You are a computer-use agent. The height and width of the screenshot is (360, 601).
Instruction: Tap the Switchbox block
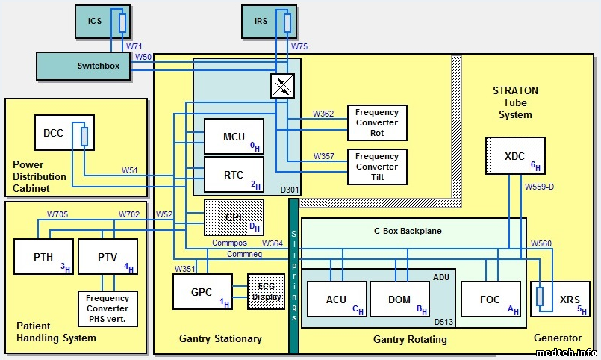pos(84,66)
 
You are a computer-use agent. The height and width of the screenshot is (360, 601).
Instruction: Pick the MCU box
pos(234,137)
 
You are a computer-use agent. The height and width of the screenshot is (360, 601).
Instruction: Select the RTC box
pos(234,176)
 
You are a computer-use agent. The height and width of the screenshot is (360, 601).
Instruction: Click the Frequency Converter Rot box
pos(377,122)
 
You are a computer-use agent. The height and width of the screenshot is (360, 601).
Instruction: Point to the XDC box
pos(515,155)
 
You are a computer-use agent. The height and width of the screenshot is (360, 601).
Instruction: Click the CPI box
pos(234,217)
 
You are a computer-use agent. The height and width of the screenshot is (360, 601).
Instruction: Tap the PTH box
pos(43,258)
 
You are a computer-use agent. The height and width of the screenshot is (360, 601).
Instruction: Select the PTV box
pos(108,258)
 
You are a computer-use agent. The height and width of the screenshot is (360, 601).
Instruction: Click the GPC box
pos(202,292)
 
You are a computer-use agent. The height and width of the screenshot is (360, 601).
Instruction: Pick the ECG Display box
pos(267,292)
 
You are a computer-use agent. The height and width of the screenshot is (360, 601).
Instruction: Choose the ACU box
pos(337,300)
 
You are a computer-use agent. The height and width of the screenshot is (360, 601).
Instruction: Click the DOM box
pos(400,300)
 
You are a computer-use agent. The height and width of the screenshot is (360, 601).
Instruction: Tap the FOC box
pos(491,300)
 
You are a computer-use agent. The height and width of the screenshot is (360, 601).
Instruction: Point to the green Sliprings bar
pos(293,276)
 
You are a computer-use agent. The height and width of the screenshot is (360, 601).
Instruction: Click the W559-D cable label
pos(539,187)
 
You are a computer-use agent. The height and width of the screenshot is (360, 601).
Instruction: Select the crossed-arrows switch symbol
pos(281,87)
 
